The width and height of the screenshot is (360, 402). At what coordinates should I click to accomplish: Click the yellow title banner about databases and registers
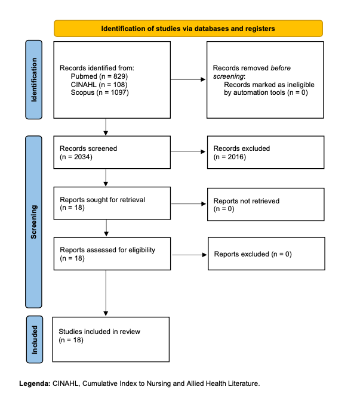pos(188,29)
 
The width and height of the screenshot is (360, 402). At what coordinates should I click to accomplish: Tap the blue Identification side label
pos(33,79)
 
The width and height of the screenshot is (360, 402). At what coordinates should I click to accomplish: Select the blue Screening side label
pos(33,222)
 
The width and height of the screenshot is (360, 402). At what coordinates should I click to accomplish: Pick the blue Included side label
pos(35,339)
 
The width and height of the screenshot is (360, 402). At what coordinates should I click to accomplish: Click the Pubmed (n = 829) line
pos(99,76)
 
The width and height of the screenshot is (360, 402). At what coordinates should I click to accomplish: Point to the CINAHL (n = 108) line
pos(99,84)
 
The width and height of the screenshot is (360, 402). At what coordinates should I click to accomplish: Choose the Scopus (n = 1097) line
pos(100,92)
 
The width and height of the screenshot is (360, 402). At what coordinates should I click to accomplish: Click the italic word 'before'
pos(281,68)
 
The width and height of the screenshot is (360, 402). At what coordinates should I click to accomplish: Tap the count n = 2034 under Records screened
pos(76,157)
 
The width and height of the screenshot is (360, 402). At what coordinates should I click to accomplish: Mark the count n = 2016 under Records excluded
pos(230,157)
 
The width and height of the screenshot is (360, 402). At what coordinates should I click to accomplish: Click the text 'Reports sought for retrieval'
pos(102,200)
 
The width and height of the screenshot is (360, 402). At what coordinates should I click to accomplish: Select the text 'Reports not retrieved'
pos(247,201)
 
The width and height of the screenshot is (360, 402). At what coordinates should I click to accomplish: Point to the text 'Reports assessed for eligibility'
pos(107,250)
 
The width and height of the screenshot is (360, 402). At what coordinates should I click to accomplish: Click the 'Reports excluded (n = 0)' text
pos(253,254)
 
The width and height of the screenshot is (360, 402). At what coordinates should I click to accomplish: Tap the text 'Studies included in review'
pos(99,332)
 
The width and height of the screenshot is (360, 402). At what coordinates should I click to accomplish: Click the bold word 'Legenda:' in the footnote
pos(35,384)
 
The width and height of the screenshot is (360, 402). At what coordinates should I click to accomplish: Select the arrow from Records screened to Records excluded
pos(188,151)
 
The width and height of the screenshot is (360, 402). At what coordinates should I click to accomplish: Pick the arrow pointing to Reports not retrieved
pos(189,204)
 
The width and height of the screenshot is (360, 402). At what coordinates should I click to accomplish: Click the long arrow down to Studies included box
pos(106,293)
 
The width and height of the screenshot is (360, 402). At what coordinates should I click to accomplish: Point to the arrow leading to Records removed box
pos(188,79)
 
